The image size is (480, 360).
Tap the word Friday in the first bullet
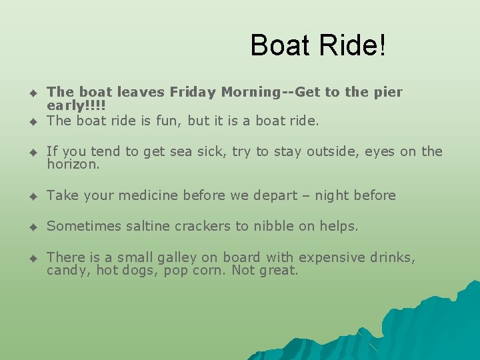point(192,92)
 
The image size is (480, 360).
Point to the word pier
point(388,92)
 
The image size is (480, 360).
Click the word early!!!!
point(77,106)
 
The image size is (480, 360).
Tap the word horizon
point(73,164)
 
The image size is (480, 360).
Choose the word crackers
point(202,226)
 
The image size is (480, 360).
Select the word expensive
point(332,257)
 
